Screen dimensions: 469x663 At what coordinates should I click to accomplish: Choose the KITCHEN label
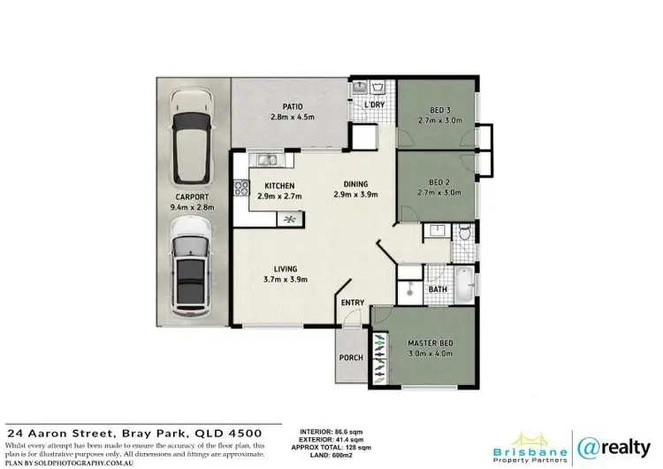[278, 186]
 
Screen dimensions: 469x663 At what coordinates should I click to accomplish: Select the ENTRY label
[353, 303]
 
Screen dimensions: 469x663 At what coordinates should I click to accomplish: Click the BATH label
[438, 289]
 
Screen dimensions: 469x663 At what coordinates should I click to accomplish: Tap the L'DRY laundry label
[376, 106]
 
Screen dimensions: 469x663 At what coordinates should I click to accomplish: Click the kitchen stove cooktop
[240, 187]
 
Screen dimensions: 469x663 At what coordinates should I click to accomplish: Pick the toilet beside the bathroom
[465, 234]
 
